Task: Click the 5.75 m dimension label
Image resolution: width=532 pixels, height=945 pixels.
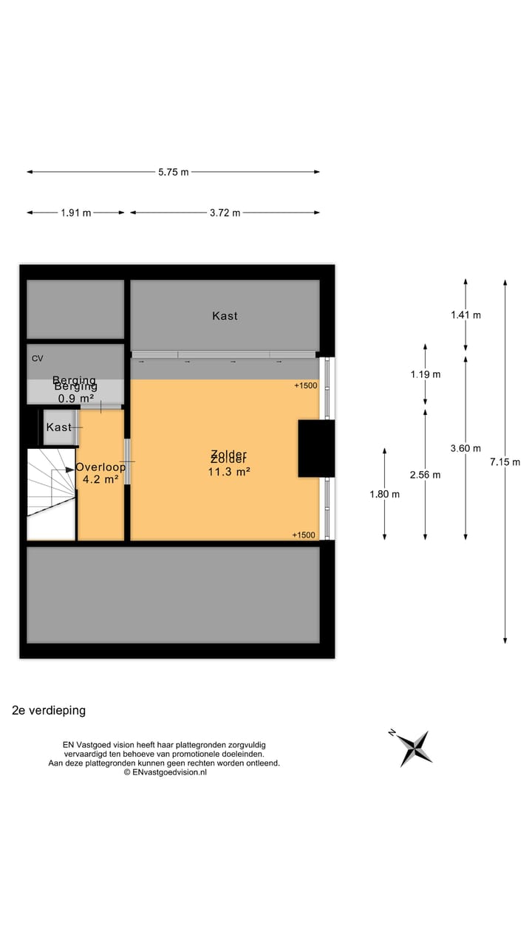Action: [x=173, y=172]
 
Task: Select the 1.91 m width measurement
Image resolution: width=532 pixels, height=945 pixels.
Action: [x=76, y=213]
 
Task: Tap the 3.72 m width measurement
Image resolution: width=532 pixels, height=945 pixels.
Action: [x=225, y=213]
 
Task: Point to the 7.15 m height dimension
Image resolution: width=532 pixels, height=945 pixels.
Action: [x=505, y=462]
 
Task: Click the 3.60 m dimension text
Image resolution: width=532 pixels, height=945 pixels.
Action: [x=465, y=448]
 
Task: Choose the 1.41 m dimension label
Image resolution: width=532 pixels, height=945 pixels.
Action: [x=465, y=315]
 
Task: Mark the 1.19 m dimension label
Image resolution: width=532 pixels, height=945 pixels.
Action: [x=426, y=374]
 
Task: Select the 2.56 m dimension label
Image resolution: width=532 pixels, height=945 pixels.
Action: [x=426, y=475]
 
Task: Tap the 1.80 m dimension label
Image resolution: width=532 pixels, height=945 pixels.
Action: [x=384, y=494]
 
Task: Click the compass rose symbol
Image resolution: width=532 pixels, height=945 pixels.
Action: [x=412, y=747]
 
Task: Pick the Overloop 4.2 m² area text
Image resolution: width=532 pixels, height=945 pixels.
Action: [x=100, y=473]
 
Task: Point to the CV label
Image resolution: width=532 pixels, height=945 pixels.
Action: [x=37, y=359]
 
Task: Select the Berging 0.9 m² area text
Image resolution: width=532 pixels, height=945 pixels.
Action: [x=75, y=391]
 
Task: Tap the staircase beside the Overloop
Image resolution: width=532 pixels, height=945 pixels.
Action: [x=51, y=493]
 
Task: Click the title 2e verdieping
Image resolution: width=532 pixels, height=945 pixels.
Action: [x=49, y=710]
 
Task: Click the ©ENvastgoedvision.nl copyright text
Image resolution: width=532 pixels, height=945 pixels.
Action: [x=165, y=772]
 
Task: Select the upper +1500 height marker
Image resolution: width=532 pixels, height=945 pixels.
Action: [x=305, y=386]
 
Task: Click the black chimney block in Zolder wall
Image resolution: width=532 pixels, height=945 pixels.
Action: [x=316, y=448]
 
